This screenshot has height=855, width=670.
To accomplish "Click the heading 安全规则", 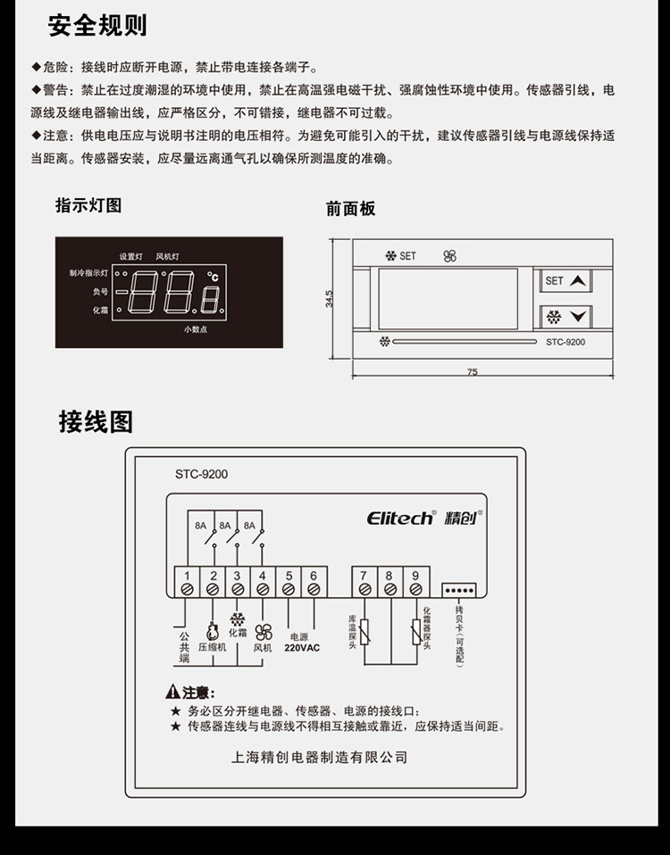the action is tap(97, 26).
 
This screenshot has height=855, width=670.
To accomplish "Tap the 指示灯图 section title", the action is tap(88, 205).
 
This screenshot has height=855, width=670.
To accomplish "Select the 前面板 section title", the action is tap(350, 209).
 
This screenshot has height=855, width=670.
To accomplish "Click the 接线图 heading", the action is tap(96, 421).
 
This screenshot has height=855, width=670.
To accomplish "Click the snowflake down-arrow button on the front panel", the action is tap(565, 317).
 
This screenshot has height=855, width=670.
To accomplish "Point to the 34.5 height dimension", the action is tap(329, 299).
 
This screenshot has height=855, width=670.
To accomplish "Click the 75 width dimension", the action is tap(473, 372).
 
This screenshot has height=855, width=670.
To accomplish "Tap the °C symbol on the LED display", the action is tap(213, 277).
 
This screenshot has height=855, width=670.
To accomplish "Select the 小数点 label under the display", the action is tap(196, 329).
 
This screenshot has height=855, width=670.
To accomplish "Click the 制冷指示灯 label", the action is tap(88, 272).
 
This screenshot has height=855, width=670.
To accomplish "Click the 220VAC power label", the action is tap(302, 648).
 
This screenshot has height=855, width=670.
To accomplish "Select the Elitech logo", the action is tap(400, 518).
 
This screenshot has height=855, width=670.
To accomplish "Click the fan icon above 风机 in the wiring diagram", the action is tap(264, 633).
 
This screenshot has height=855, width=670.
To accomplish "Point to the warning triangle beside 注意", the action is tap(172, 692).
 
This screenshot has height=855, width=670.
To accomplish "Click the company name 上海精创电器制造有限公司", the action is tap(320, 758).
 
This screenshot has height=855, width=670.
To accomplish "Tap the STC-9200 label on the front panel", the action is tap(565, 342).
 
